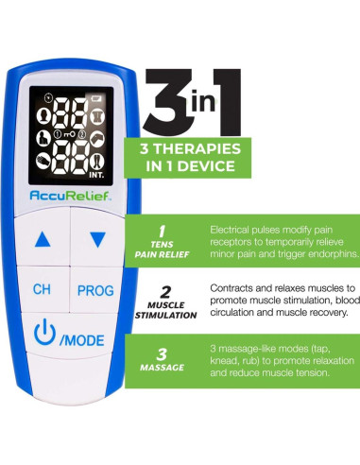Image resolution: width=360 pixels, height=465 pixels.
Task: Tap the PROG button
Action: pos(95,288)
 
